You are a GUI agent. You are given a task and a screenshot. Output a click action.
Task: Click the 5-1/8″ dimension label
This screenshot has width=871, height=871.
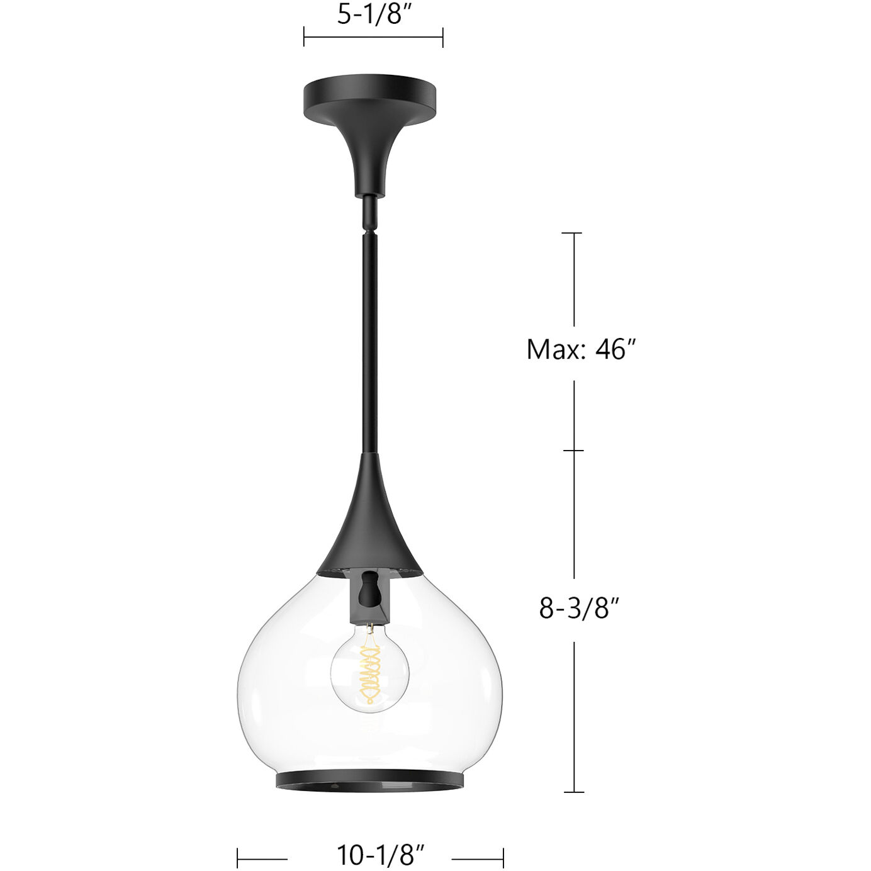click(x=374, y=14)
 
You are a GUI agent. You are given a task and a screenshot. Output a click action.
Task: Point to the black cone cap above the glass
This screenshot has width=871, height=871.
click(x=370, y=522)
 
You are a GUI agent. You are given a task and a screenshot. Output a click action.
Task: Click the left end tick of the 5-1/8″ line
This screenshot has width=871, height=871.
click(x=304, y=37)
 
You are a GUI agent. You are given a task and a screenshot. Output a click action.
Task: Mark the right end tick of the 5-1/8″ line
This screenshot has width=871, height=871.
click(x=443, y=37)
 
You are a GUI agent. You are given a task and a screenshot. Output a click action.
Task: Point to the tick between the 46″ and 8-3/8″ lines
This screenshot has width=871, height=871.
click(x=573, y=451)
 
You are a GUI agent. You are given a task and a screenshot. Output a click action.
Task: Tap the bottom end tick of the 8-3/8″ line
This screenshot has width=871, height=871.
click(x=573, y=792)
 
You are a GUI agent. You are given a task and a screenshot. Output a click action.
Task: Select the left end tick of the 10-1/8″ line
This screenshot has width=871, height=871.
click(x=238, y=858)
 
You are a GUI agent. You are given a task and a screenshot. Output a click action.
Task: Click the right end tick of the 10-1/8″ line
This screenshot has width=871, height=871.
click(x=503, y=858)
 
